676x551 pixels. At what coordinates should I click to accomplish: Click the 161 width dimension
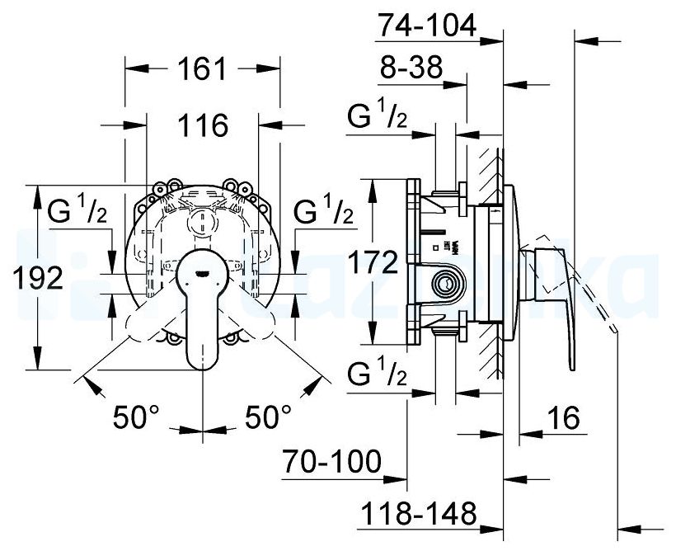(x=203, y=70)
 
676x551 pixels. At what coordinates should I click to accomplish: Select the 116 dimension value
(x=203, y=126)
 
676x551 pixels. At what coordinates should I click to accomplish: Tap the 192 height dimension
(x=39, y=278)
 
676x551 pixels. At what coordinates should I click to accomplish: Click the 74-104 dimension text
(x=426, y=27)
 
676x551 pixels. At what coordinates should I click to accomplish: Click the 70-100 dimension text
(x=331, y=461)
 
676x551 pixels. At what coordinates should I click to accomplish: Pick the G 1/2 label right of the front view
(x=323, y=211)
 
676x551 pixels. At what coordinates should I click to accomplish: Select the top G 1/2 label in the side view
(x=377, y=118)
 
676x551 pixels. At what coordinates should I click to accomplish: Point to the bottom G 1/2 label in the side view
(x=377, y=376)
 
